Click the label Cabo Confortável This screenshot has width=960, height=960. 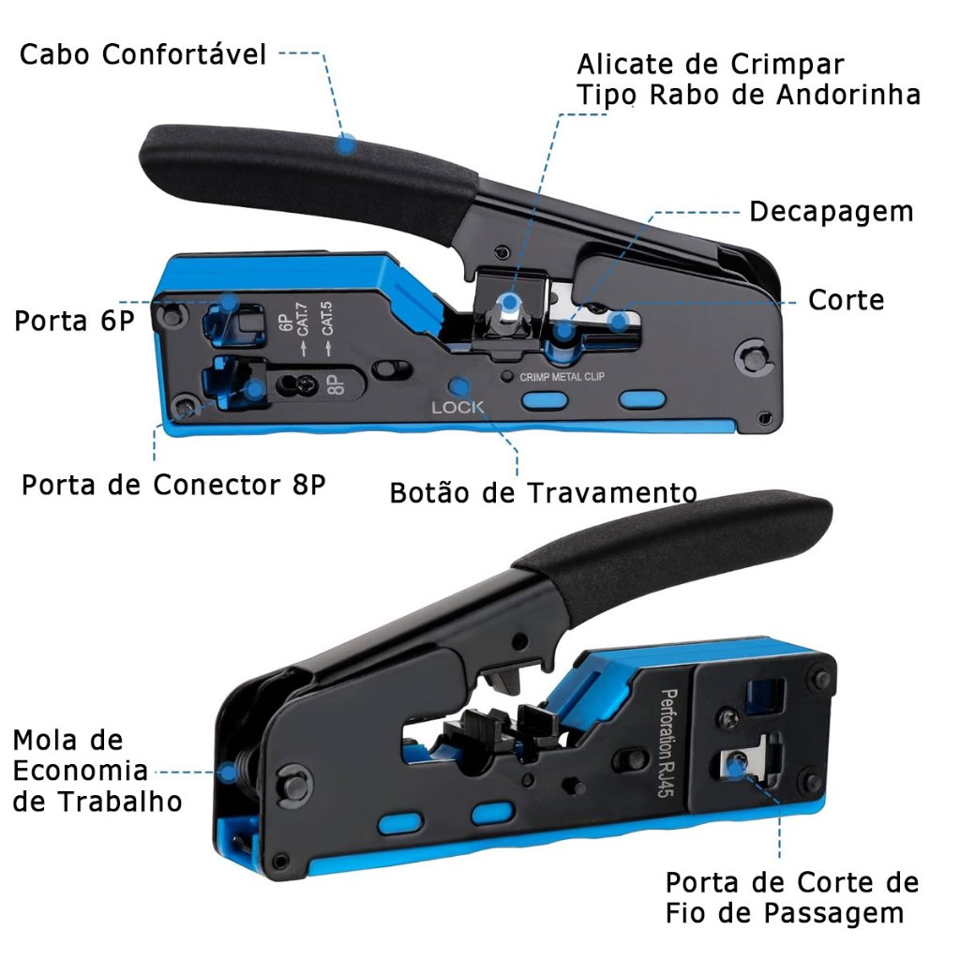click(x=142, y=54)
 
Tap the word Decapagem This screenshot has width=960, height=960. click(x=831, y=213)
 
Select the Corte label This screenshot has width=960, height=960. click(x=846, y=300)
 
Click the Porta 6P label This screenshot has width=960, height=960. click(x=74, y=321)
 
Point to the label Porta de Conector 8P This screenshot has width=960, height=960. click(x=173, y=485)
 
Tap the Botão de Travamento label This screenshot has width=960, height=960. click(x=543, y=492)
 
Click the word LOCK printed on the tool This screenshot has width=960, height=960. click(x=457, y=407)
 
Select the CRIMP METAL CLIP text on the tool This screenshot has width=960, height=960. click(x=562, y=377)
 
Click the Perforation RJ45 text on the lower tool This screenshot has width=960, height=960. click(x=667, y=742)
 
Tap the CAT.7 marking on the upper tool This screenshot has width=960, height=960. click(x=303, y=320)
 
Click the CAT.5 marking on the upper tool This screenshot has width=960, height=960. click(x=327, y=319)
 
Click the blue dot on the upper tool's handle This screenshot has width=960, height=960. click(x=347, y=145)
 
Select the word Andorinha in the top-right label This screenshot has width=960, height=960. click(x=848, y=96)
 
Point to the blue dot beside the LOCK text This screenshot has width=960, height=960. click(x=459, y=386)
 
